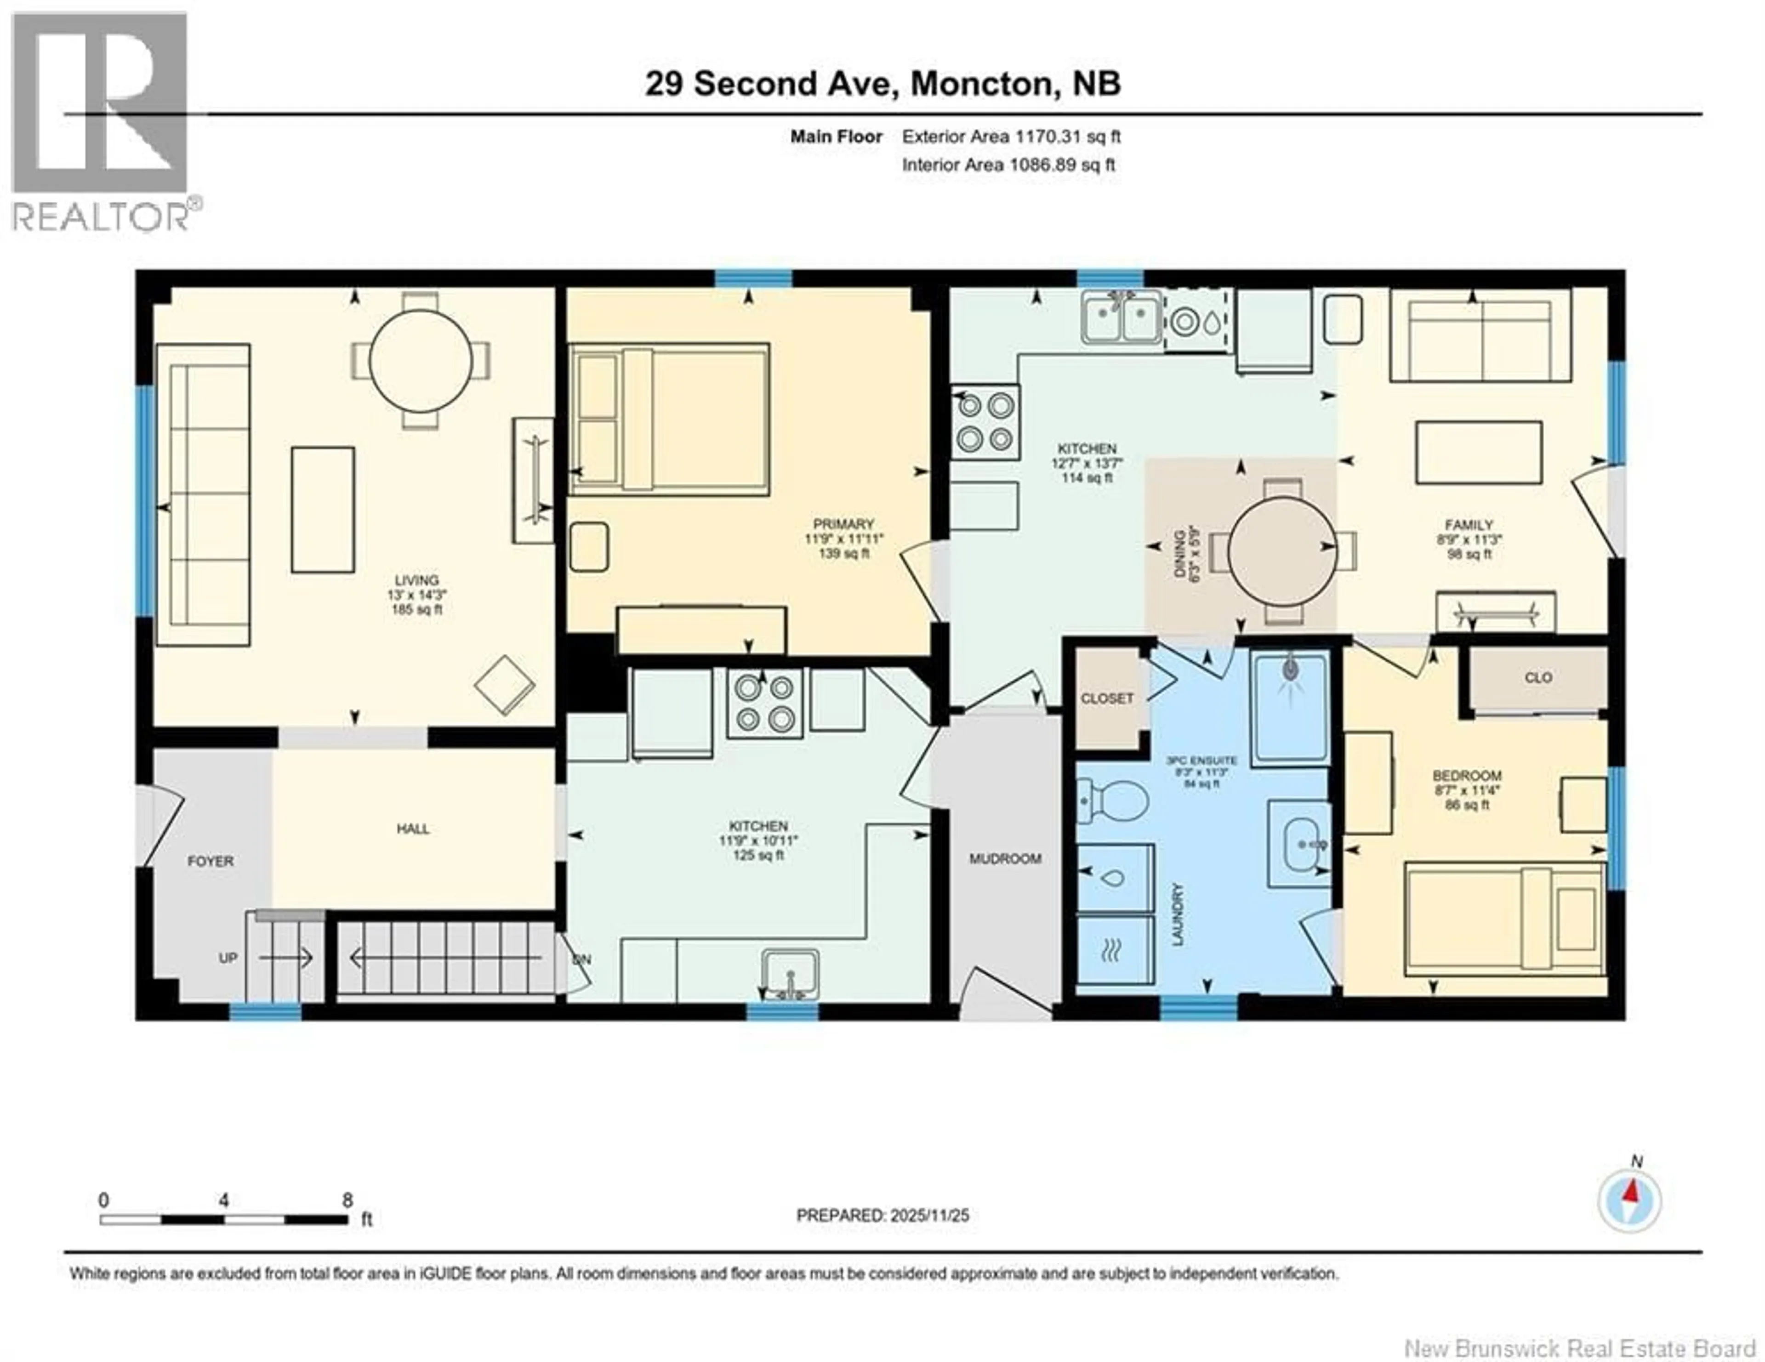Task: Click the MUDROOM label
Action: (x=1004, y=859)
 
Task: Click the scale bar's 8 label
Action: (x=347, y=1200)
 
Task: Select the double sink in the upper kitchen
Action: (x=1122, y=318)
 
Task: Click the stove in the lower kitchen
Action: (x=764, y=703)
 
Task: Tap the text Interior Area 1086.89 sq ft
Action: (x=1008, y=165)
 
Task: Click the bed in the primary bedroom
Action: (x=669, y=419)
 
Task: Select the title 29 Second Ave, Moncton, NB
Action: (x=882, y=83)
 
